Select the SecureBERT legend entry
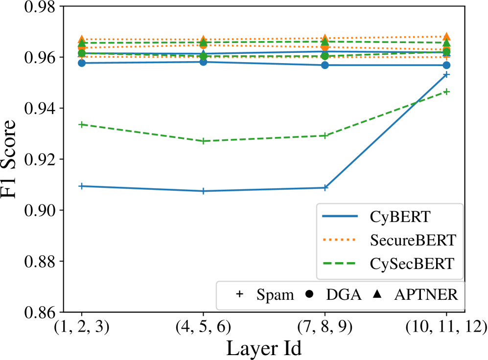[x=389, y=240]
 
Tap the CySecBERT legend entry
[x=389, y=264]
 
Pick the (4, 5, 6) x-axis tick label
[x=203, y=326]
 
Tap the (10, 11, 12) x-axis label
[x=446, y=326]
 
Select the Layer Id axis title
[x=263, y=348]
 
